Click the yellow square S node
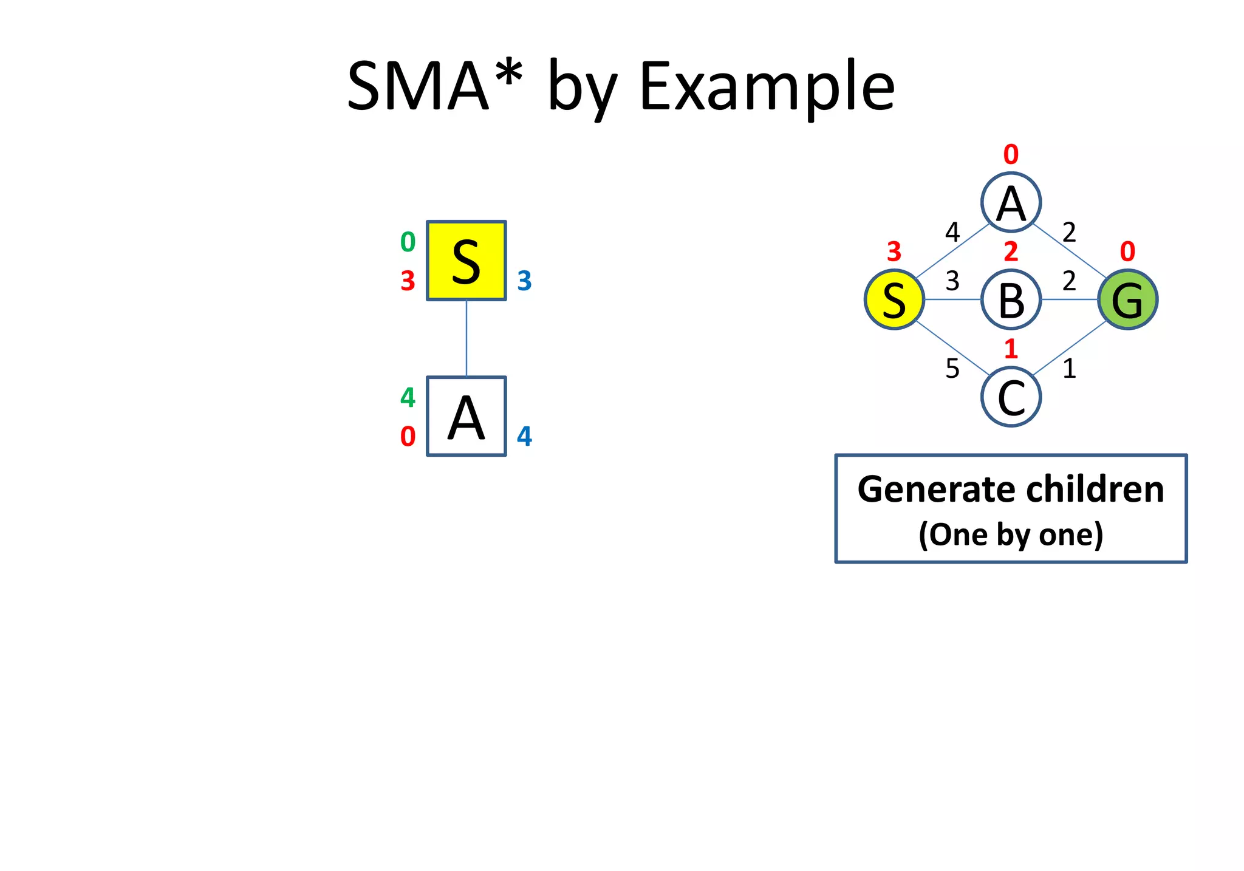tap(466, 261)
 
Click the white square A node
tap(466, 416)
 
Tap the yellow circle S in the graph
tap(894, 299)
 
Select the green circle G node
tap(1127, 299)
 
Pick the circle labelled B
tap(1011, 299)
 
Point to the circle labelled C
tap(1011, 397)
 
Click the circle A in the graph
tap(1011, 202)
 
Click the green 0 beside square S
tap(408, 242)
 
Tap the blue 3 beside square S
tap(524, 281)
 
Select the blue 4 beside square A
tap(524, 437)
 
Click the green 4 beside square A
tap(408, 398)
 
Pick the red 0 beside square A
tap(408, 437)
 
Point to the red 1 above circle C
tap(1011, 349)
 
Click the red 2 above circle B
tap(1011, 251)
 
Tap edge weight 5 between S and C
tap(952, 369)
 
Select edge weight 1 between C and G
tap(1069, 369)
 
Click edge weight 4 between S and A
tap(952, 232)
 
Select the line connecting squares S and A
tap(466, 338)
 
